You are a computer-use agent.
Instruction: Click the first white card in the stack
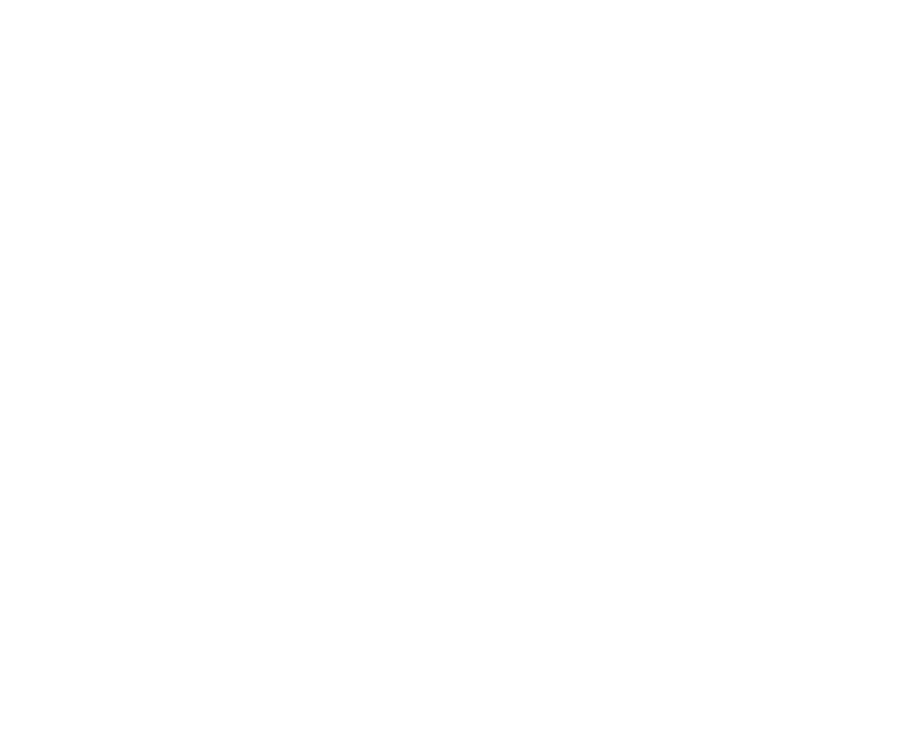click(454, 179)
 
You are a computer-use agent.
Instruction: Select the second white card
click(454, 303)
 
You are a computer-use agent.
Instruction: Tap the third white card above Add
click(454, 428)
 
